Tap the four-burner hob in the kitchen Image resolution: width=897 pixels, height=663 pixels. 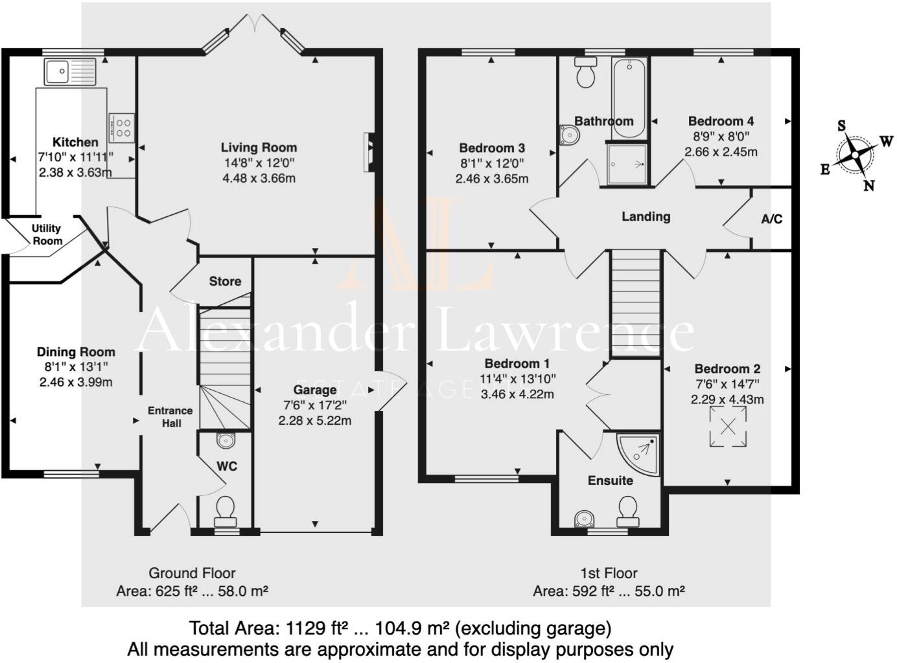click(122, 127)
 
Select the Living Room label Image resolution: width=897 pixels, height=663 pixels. click(259, 148)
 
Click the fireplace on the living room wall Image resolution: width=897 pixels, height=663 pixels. click(369, 152)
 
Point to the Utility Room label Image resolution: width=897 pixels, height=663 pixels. click(47, 234)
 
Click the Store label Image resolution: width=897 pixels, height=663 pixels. click(225, 281)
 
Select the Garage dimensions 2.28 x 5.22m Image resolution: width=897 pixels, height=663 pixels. click(314, 420)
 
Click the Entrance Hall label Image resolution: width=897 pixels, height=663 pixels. click(170, 416)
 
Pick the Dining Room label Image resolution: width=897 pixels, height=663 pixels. click(76, 352)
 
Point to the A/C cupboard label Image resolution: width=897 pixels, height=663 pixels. click(771, 219)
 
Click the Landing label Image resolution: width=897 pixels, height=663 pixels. click(646, 216)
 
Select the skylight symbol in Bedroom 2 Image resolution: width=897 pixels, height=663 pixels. click(728, 427)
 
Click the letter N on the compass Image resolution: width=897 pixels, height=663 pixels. click(869, 186)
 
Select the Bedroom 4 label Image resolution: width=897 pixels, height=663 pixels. click(721, 121)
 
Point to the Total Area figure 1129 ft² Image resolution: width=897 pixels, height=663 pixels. click(313, 628)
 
